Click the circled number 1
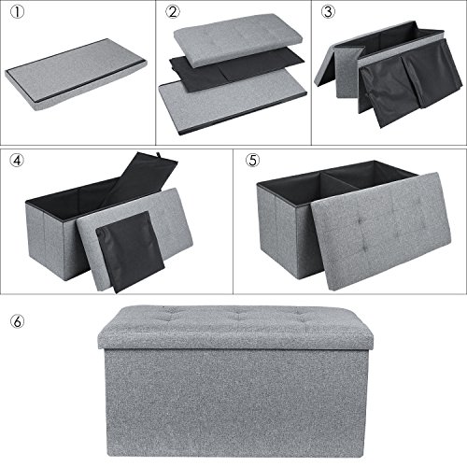(13, 13)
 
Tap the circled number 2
(170, 13)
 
